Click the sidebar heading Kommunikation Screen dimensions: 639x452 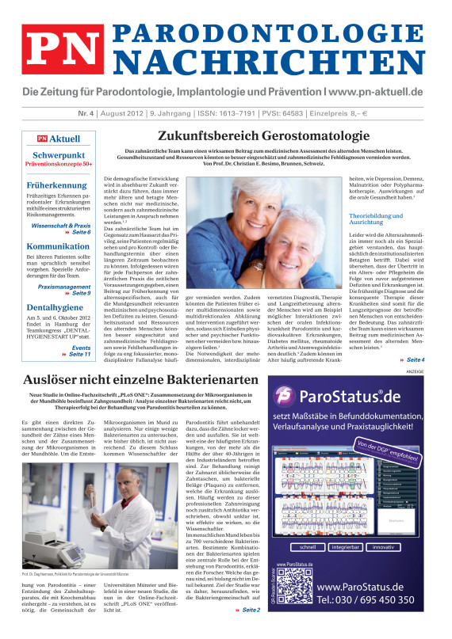pos(57,246)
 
